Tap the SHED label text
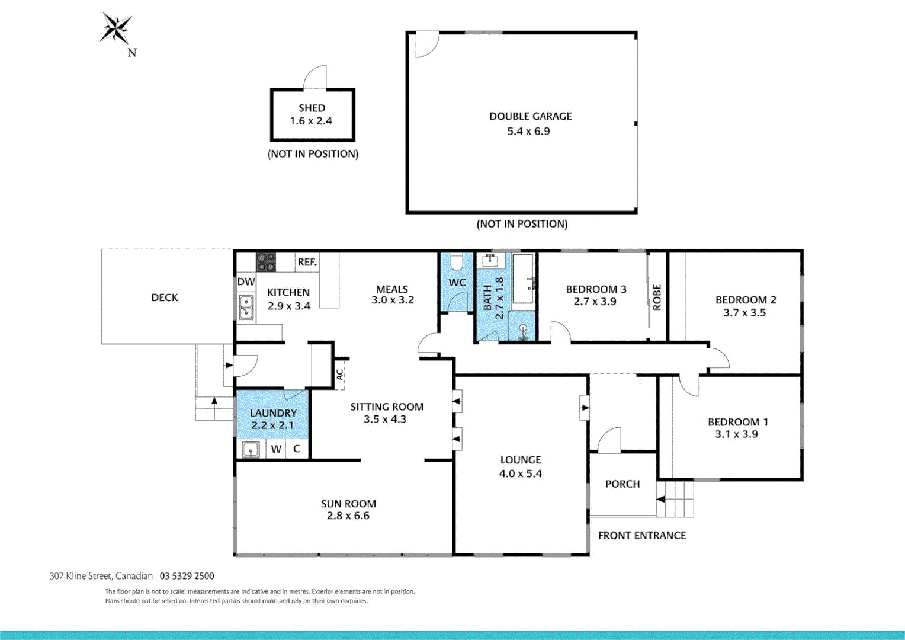tap(312, 108)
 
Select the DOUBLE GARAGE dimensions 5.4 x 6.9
tap(528, 132)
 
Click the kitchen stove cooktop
tap(266, 262)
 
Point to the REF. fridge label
tap(307, 262)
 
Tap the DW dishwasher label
tap(246, 282)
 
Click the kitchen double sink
tap(246, 307)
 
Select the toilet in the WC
tap(457, 261)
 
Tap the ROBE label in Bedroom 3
tap(657, 297)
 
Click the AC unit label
tap(339, 375)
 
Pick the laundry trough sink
tap(251, 450)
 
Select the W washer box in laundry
tap(276, 449)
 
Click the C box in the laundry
tap(297, 449)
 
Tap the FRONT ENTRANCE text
tap(642, 536)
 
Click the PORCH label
tap(622, 484)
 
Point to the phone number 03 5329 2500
tap(187, 576)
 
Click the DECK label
tap(165, 297)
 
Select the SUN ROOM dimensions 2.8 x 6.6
tap(348, 516)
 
